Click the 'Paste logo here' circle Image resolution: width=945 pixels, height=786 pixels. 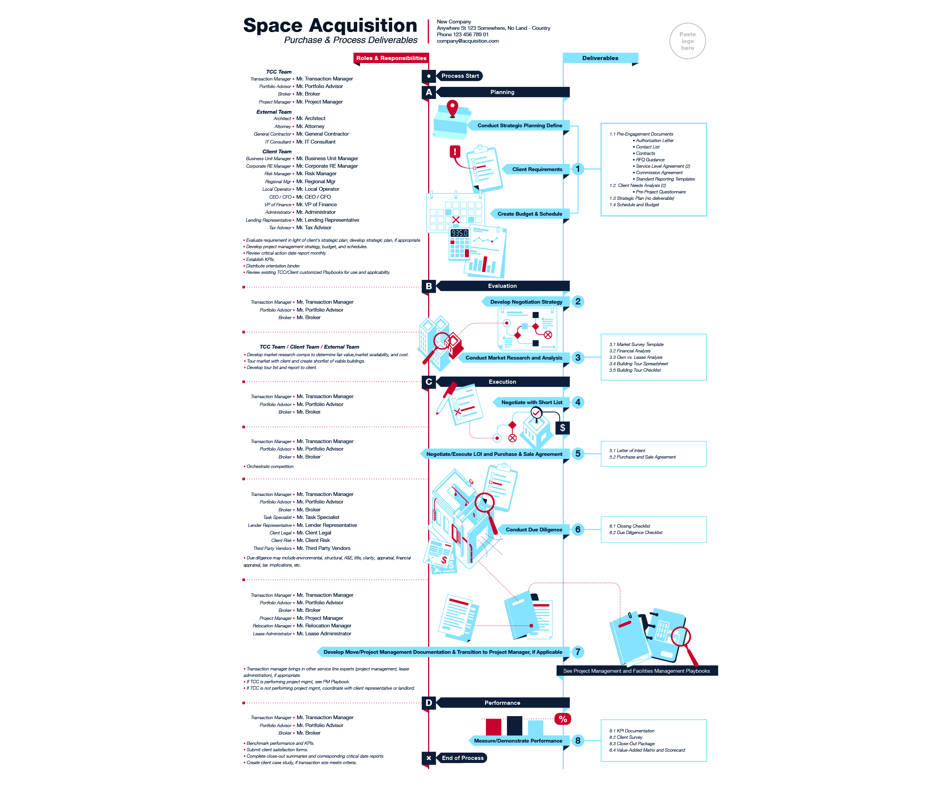687,41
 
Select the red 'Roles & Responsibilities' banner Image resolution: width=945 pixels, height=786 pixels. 391,58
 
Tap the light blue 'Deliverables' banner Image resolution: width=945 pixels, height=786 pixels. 600,58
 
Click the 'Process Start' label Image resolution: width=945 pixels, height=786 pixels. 460,76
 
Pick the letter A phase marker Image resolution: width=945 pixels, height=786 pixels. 429,92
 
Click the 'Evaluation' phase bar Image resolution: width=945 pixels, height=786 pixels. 502,286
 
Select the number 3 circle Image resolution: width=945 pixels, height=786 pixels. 578,358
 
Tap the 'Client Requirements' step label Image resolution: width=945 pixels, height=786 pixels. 537,169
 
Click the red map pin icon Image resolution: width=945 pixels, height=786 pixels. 452,108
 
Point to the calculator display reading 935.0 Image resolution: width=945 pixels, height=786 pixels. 459,233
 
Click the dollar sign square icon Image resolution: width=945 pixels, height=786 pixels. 563,428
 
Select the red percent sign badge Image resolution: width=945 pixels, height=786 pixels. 563,719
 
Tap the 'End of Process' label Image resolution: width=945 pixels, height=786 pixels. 462,758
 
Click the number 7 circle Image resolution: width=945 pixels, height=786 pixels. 578,652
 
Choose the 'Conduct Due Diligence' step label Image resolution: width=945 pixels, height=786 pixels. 534,530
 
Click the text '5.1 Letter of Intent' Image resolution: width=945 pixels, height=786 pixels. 627,450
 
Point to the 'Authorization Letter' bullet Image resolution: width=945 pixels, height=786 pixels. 654,141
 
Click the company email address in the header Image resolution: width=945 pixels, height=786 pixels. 467,41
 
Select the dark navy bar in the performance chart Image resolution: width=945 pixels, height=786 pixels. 514,725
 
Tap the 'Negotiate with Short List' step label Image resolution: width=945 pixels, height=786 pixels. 532,402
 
